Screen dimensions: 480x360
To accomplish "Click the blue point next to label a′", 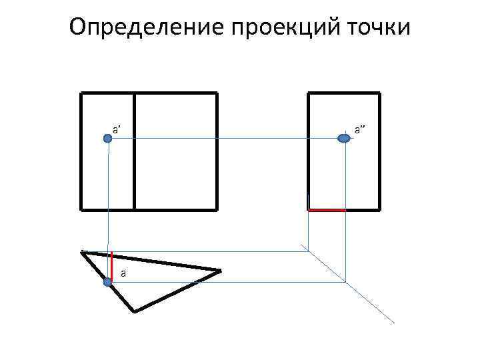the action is pos(108,138).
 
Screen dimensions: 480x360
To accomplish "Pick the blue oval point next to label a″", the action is pos(344,138).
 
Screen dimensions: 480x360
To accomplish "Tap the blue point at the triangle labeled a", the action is pos(108,282).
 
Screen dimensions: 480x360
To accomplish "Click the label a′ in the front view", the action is pos(116,128).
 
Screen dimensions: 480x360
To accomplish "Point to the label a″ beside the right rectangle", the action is pos(359,128).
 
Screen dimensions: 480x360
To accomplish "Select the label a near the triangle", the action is pos(123,273).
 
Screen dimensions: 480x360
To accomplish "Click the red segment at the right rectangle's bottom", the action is pos(327,210).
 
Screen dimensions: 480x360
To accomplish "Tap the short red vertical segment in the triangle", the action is pos(111,264).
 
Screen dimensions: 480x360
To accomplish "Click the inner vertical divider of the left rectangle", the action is pos(134,151).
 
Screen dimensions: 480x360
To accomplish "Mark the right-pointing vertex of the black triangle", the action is pos(220,270).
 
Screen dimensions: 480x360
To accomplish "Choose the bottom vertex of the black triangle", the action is pos(134,311).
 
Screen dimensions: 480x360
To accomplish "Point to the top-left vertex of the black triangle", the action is pos(81,252).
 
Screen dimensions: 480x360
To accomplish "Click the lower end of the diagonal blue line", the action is pos(394,323).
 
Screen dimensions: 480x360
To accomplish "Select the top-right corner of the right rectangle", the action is pos(379,93).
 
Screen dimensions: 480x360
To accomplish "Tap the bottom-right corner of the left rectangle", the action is pos(217,209).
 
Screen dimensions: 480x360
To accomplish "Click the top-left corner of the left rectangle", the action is pos(81,93).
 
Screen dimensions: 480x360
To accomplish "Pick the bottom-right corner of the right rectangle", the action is pos(379,209).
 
